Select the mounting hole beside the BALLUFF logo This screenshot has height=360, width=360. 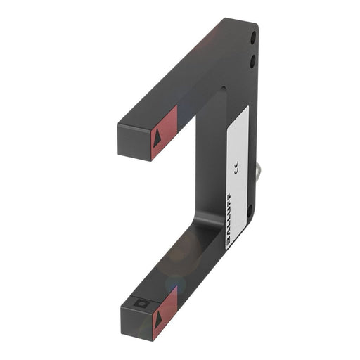[250, 208]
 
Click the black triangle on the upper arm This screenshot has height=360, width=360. [157, 138]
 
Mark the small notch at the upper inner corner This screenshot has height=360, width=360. [222, 88]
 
